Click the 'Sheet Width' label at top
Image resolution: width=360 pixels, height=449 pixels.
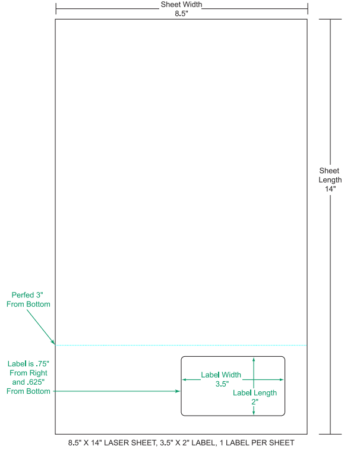pos(181,5)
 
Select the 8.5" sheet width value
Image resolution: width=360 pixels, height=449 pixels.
pos(181,14)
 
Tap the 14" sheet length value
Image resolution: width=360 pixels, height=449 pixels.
pos(330,189)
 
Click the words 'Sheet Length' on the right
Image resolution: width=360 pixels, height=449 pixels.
pos(330,175)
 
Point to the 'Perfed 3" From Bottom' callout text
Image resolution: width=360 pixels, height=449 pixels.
pos(29,299)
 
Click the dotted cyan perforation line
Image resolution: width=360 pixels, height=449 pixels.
pos(178,345)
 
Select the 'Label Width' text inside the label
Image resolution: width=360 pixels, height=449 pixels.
pos(221,375)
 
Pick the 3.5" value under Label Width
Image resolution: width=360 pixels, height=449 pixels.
pos(222,384)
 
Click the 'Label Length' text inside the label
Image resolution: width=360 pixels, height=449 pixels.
pos(254,393)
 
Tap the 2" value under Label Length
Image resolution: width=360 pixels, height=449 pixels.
pos(254,402)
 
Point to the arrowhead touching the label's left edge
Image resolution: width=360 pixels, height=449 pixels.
pos(178,391)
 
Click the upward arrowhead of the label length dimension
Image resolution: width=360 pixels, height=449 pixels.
pos(254,359)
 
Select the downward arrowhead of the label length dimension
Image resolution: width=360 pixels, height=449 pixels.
pos(254,412)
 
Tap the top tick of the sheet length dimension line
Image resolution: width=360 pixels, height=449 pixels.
pos(331,20)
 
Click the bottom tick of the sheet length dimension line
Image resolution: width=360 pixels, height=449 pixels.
pos(331,434)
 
